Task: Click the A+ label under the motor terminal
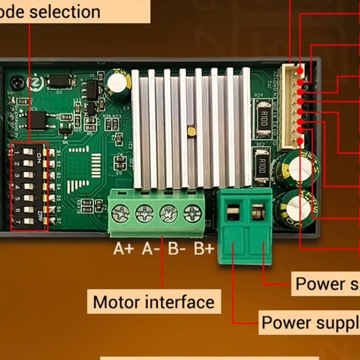(x=123, y=249)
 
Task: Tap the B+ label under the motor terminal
(x=204, y=249)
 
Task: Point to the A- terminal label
(x=150, y=249)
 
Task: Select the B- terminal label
(x=177, y=249)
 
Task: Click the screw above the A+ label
(x=121, y=213)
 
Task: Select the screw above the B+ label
(x=193, y=213)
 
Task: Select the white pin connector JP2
(x=291, y=107)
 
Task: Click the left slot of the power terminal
(x=233, y=212)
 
